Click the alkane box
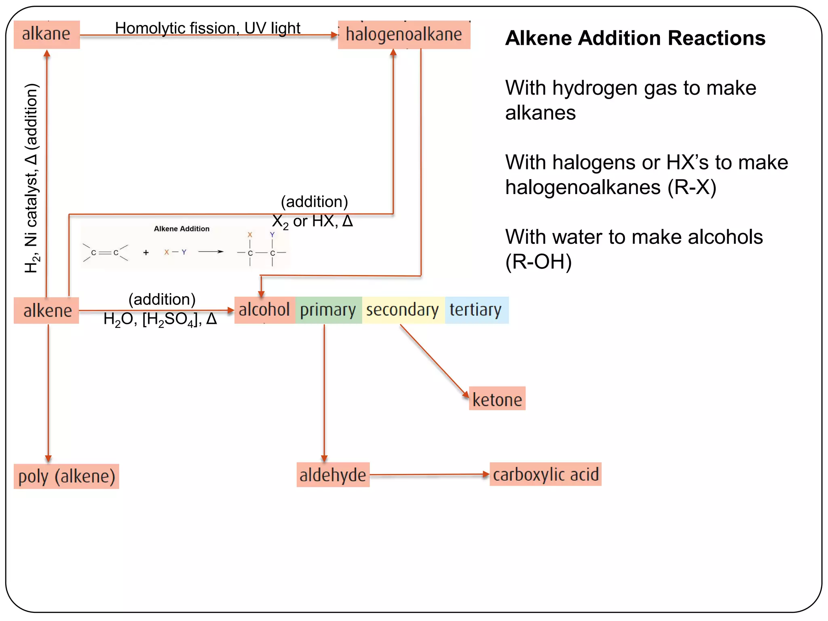(46, 34)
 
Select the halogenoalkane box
(404, 35)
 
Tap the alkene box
(46, 310)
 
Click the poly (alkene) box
(66, 476)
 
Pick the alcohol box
(264, 310)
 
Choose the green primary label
(328, 310)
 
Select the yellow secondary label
(403, 310)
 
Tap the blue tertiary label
(476, 310)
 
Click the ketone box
(497, 399)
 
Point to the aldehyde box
(333, 475)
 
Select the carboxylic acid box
(545, 474)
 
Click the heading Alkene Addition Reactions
(635, 38)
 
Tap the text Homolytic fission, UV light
(207, 28)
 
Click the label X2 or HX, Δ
(312, 222)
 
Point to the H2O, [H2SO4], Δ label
(160, 320)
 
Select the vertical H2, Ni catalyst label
(32, 178)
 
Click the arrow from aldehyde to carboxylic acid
(429, 475)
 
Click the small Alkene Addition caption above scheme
(182, 229)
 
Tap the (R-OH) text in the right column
(539, 262)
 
